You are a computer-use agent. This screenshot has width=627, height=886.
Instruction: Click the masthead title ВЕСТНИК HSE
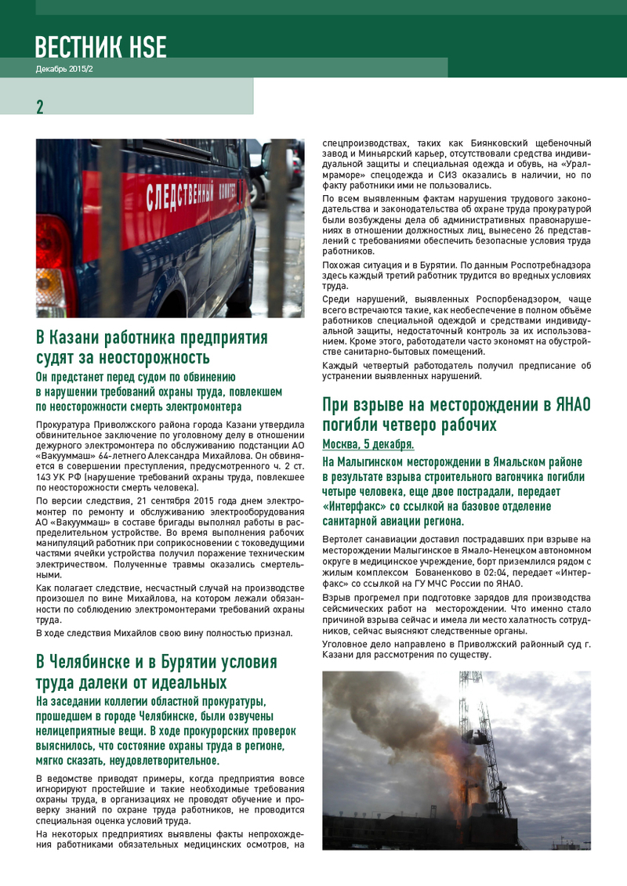click(x=100, y=46)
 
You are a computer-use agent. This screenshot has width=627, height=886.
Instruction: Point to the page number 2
click(x=40, y=107)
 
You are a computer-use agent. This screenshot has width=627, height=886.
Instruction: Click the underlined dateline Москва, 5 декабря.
click(x=368, y=445)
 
